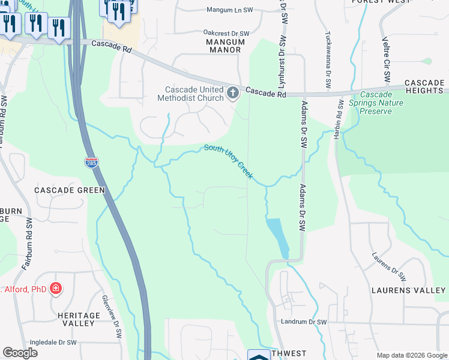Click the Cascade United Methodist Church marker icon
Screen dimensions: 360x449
[x=233, y=92]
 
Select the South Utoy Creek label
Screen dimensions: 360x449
[x=228, y=161]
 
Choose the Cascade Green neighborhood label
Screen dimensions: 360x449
[x=70, y=190]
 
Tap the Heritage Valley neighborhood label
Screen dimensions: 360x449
[x=79, y=319]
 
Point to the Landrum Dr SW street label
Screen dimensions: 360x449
[x=304, y=322]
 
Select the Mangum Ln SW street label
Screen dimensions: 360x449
[x=228, y=10]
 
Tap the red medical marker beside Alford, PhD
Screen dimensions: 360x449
[x=56, y=289]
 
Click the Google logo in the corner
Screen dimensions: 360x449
[x=20, y=353]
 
